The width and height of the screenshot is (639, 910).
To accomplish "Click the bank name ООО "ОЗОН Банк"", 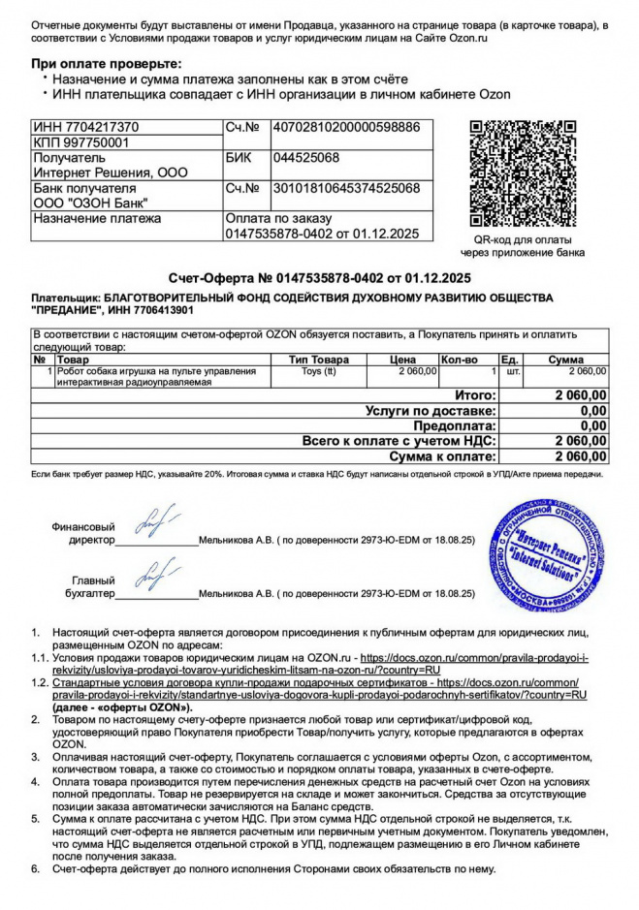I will tap(91, 203).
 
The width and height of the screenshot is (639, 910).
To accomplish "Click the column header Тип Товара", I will tap(326, 360).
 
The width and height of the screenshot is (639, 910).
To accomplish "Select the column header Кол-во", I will tap(459, 360).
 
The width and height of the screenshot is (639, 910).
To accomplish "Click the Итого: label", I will tap(475, 395).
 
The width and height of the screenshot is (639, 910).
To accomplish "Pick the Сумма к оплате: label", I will tap(442, 455).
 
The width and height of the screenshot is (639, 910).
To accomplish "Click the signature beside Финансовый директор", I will tap(155, 522).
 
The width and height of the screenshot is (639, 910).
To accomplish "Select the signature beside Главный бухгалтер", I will tap(155, 577).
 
